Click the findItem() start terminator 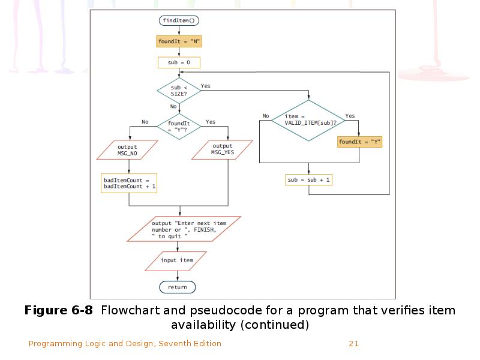(x=179, y=20)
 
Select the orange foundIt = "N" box (x=179, y=41)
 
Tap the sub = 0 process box (x=179, y=62)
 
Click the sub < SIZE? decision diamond (x=179, y=91)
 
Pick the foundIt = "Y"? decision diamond (x=179, y=126)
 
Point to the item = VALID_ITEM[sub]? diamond (x=309, y=120)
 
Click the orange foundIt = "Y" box (x=360, y=142)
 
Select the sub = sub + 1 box (x=309, y=180)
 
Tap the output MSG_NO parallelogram (x=127, y=150)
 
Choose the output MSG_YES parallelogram (x=223, y=149)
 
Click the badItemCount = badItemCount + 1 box (x=130, y=183)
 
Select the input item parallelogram (x=177, y=261)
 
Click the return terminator (x=178, y=287)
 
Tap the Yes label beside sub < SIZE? (x=206, y=86)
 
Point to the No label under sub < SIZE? (x=173, y=106)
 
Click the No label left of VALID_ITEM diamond (x=266, y=116)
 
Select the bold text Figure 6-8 (x=59, y=311)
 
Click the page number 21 (x=353, y=344)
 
